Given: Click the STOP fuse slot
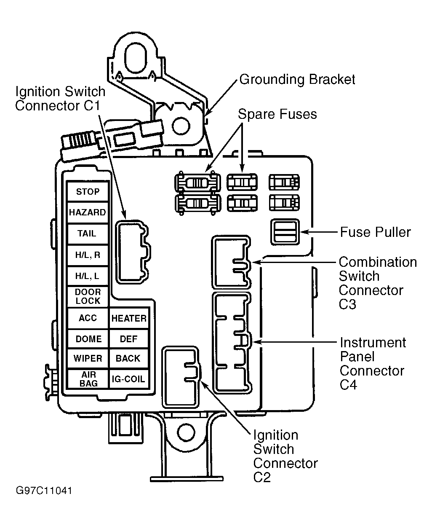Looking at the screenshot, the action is [x=88, y=191].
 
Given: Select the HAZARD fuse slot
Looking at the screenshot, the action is [x=88, y=212].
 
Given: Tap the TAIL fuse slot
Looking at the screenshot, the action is [x=88, y=233].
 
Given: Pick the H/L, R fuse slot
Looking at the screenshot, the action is [x=88, y=255].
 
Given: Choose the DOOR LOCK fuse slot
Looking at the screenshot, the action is [x=88, y=296].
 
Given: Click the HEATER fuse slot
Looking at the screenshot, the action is [x=129, y=318].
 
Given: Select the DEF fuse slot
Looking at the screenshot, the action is [x=129, y=339].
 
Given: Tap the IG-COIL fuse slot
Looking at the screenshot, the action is [x=129, y=379].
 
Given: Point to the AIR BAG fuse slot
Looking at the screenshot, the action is [x=88, y=379].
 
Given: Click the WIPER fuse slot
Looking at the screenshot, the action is [x=88, y=358].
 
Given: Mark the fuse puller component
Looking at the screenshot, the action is [x=285, y=232].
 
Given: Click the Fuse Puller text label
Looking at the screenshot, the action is [x=375, y=232].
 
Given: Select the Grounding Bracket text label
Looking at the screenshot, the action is [x=297, y=80].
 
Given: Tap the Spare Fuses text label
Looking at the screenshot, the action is [x=277, y=114].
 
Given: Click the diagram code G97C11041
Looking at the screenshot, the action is [x=44, y=491].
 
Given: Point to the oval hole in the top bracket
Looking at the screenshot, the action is [x=135, y=58].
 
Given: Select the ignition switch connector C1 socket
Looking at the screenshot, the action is [x=133, y=252].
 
